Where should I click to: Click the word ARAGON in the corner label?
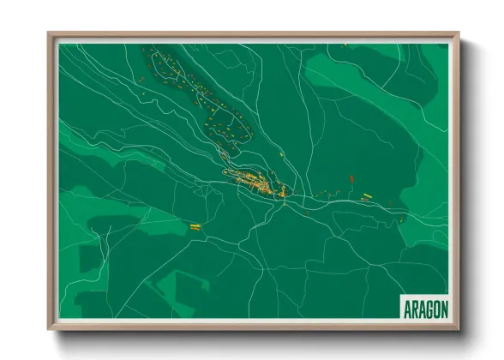pyautogui.click(x=424, y=307)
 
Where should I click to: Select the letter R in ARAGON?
pyautogui.click(x=413, y=307)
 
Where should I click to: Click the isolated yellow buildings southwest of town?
pyautogui.click(x=195, y=226)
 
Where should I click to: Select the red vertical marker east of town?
pyautogui.click(x=351, y=179)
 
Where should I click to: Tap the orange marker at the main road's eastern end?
pyautogui.click(x=401, y=219)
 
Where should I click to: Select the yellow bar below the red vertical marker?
pyautogui.click(x=364, y=198)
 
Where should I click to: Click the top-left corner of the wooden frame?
pyautogui.click(x=49, y=34)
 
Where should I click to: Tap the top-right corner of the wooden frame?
pyautogui.click(x=459, y=34)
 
